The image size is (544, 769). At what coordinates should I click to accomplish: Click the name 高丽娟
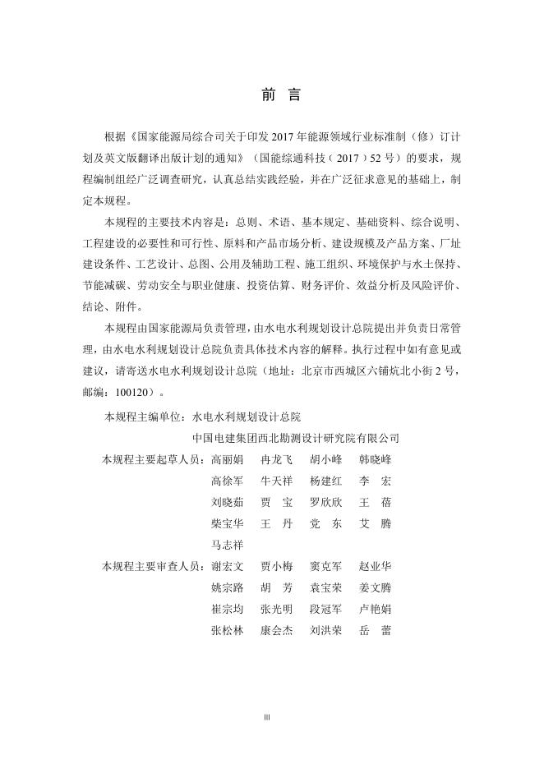coord(227,458)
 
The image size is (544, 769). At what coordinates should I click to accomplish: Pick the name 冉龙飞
coord(276,458)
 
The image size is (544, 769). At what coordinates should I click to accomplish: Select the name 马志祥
coord(227,544)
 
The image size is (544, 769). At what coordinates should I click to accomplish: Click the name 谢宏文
coord(227,566)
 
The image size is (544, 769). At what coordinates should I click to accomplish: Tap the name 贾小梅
coord(276,566)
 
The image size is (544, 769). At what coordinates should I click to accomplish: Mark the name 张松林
coord(227,630)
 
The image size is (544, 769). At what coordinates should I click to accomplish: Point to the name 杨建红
coord(326,480)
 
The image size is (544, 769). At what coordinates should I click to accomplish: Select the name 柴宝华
coord(227,523)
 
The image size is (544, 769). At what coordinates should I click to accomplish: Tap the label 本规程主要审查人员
coord(151,566)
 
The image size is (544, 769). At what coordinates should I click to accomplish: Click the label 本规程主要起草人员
coord(151,458)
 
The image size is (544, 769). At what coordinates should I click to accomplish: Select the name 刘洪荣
coord(326,630)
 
